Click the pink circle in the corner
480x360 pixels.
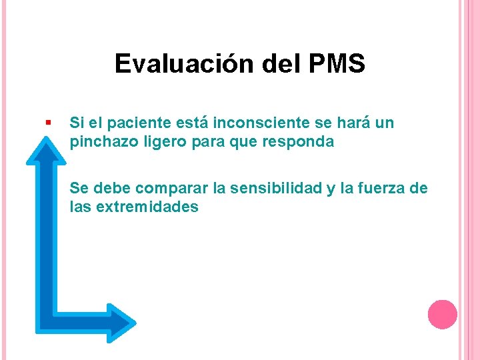point(442,314)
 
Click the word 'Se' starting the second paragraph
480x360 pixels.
point(78,189)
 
